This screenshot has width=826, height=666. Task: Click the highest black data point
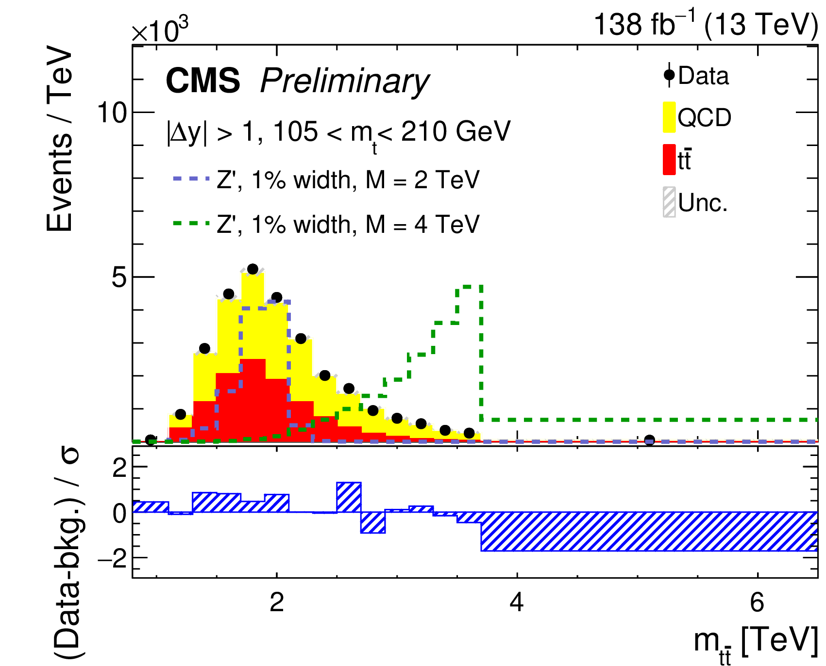pos(253,269)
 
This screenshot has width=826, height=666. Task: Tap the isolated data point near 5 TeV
pos(649,440)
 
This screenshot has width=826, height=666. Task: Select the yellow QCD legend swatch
pos(669,117)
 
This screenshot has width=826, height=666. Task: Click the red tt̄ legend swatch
pos(669,160)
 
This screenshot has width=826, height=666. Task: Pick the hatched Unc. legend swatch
pos(669,202)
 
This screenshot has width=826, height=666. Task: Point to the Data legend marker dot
pos(669,75)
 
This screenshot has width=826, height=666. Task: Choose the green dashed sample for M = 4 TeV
pos(190,224)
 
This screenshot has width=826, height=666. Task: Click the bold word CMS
pos(203,81)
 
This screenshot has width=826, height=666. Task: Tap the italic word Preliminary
pos(344,81)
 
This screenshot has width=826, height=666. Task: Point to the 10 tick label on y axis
pos(112,113)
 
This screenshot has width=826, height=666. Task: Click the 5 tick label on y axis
pos(119,278)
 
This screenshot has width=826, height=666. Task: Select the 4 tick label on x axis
pos(517,602)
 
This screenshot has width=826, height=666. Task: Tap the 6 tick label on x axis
pos(757,602)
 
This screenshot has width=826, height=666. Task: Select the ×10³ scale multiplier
pos(160,31)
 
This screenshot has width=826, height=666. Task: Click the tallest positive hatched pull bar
pos(349,497)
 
